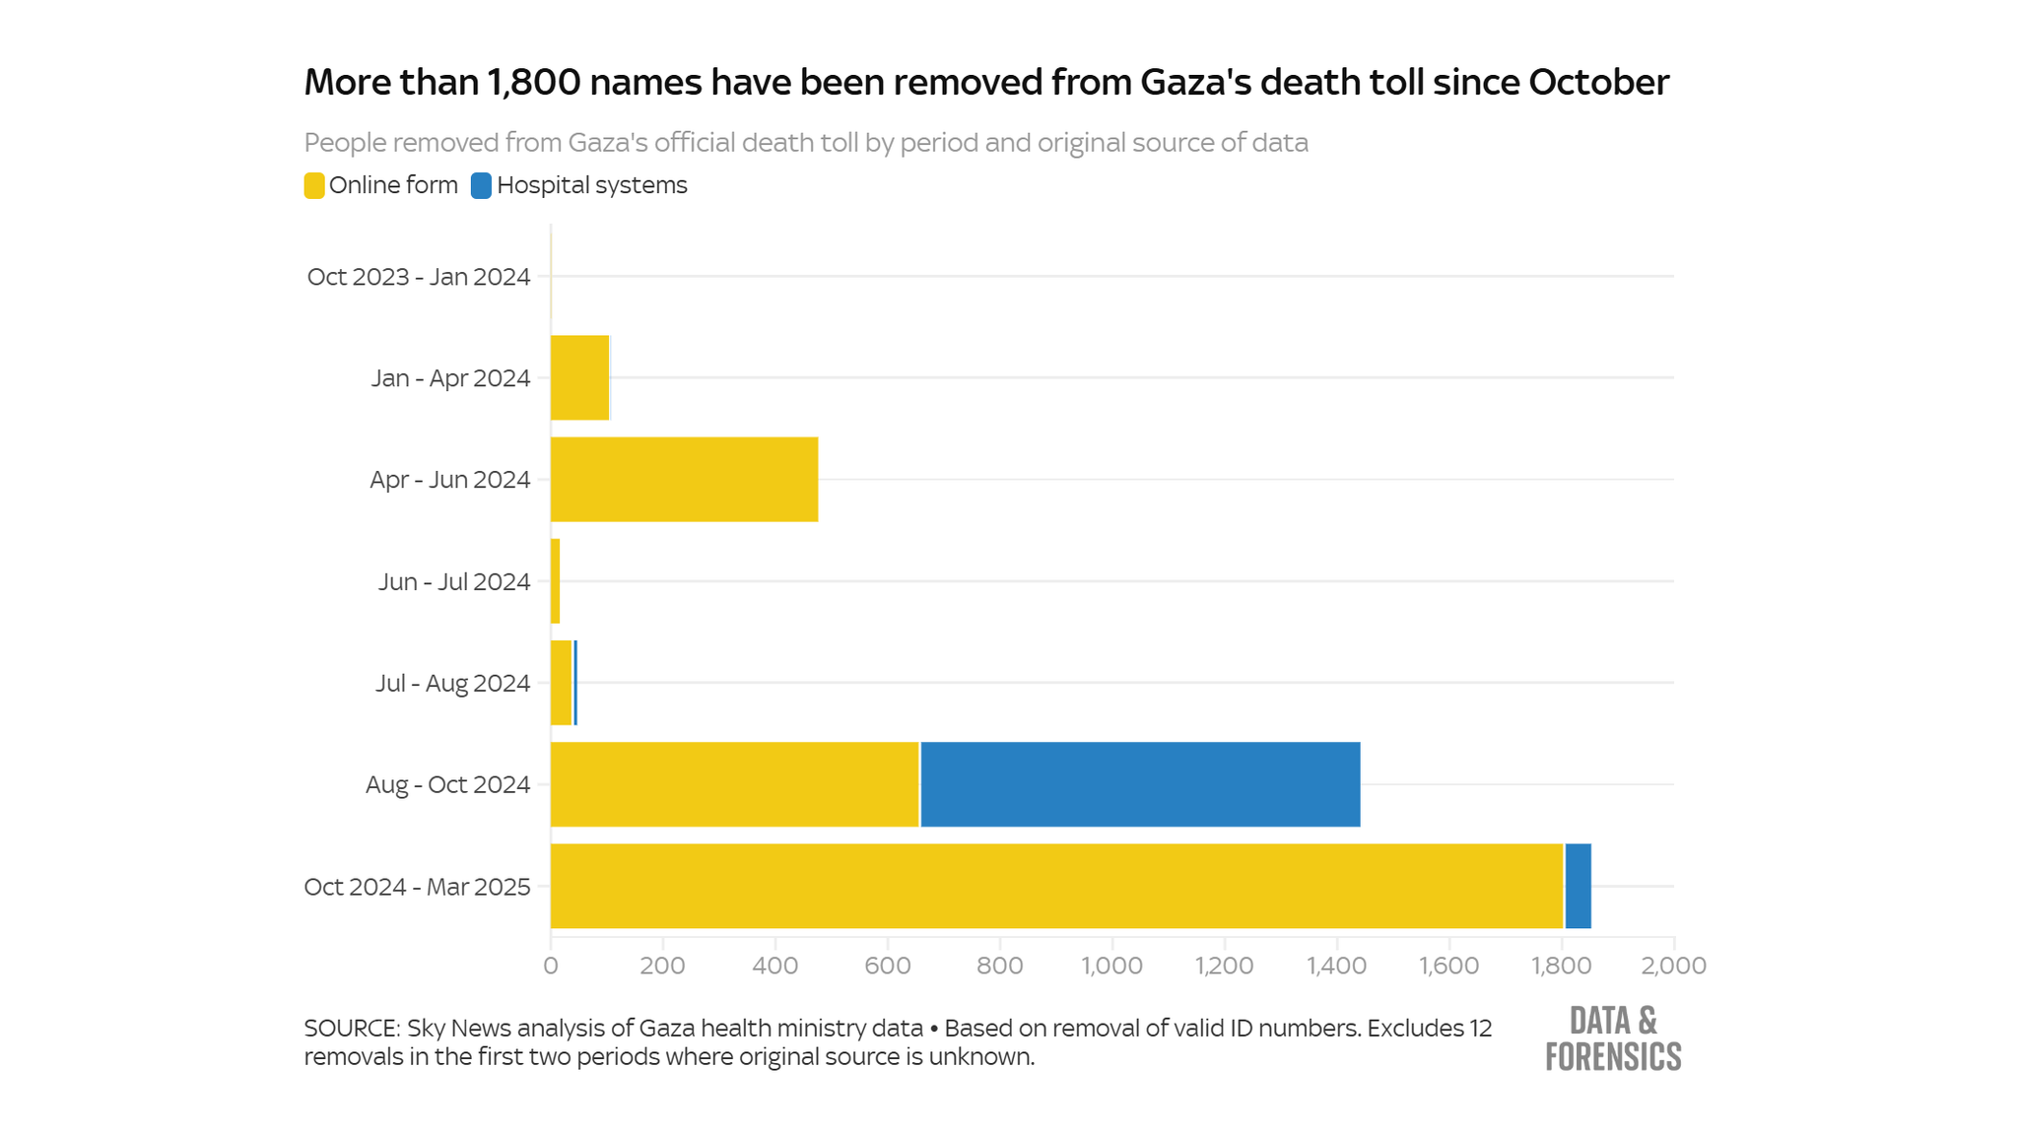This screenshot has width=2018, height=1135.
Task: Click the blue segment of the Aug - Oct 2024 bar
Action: coord(1140,784)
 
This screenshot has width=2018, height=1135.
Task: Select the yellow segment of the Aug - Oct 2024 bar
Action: coord(734,784)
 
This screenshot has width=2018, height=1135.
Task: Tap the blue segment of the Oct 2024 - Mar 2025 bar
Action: coord(1578,886)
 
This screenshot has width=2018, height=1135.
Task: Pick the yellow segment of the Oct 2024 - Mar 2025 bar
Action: coord(1056,886)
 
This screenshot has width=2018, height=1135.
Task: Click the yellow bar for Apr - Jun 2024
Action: coord(684,480)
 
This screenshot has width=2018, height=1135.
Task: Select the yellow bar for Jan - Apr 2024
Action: coord(579,377)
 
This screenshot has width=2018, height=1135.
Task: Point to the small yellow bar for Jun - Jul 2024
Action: coord(556,581)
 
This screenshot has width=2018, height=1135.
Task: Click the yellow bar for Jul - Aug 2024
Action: coord(561,683)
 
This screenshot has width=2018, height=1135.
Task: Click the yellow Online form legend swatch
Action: coord(314,185)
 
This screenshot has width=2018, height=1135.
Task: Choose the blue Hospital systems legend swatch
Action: coord(481,185)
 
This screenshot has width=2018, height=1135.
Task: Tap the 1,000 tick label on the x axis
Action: coord(1111,966)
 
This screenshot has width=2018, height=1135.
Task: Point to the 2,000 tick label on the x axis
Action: coord(1673,966)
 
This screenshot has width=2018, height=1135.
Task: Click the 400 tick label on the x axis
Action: coord(774,966)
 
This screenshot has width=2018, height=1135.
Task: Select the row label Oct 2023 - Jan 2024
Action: coord(419,277)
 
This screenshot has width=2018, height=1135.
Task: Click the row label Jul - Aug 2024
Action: coord(452,683)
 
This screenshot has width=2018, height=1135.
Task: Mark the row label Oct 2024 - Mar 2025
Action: coord(417,887)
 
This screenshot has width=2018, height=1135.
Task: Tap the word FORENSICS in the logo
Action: coord(1613,1057)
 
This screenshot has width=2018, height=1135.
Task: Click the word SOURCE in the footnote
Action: coord(350,1029)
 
